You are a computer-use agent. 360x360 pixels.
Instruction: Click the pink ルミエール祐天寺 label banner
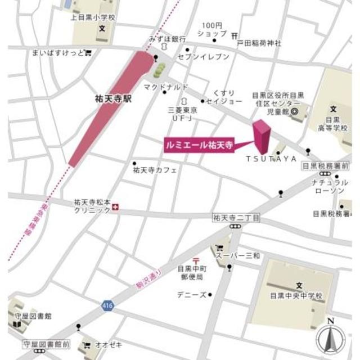(199, 144)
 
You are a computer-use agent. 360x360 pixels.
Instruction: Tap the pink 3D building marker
(262, 135)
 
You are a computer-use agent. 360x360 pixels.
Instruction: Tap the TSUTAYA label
(271, 159)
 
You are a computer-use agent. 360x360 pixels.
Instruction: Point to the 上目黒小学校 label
(93, 17)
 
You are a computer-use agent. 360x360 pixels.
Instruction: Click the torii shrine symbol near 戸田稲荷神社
(235, 33)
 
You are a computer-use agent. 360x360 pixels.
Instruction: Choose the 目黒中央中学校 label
(295, 295)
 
